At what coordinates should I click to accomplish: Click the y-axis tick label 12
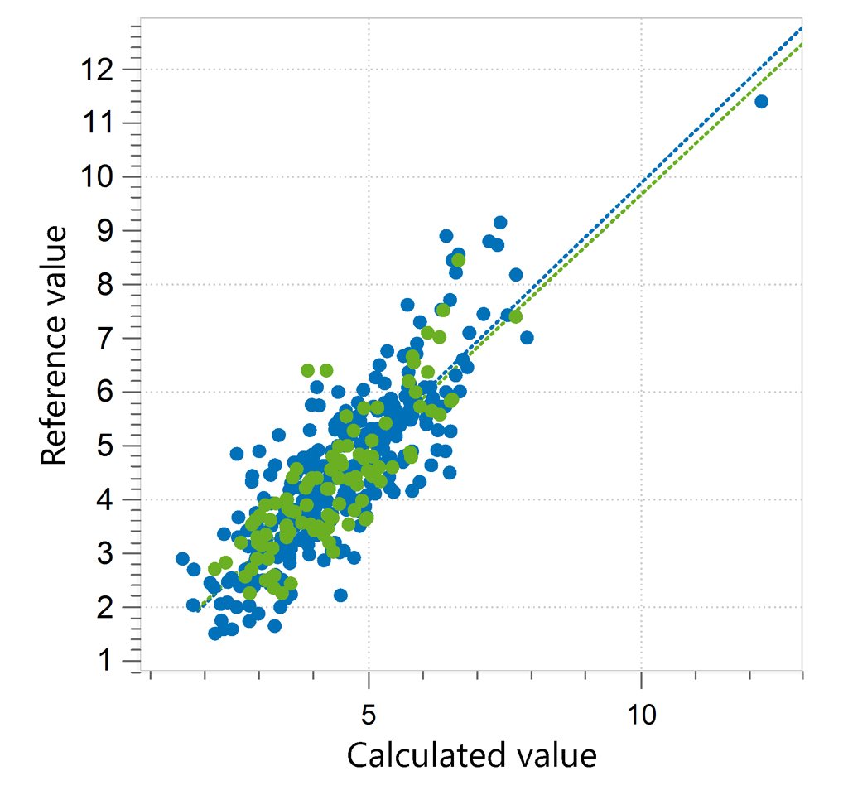tap(98, 70)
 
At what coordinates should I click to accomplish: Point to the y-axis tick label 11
tap(98, 123)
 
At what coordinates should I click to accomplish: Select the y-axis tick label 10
tap(98, 177)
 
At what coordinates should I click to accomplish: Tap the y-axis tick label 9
tap(105, 231)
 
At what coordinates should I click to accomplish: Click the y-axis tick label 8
tap(105, 285)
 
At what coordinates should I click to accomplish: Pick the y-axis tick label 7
tap(105, 339)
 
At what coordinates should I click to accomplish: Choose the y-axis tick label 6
tap(105, 392)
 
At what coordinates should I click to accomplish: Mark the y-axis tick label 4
tap(105, 499)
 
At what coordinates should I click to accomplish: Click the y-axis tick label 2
tap(105, 607)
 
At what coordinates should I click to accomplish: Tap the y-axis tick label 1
tap(105, 661)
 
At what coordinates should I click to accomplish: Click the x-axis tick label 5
tap(369, 715)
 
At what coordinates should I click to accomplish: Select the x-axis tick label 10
tap(642, 715)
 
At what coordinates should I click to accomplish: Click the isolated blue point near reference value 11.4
tap(762, 101)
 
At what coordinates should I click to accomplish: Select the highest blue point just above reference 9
tap(500, 222)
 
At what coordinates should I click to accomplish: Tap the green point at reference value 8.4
tap(459, 260)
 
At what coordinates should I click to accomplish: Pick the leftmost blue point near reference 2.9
tap(183, 559)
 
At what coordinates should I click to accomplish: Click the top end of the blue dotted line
tap(802, 26)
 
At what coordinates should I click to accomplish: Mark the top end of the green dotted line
tap(802, 45)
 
